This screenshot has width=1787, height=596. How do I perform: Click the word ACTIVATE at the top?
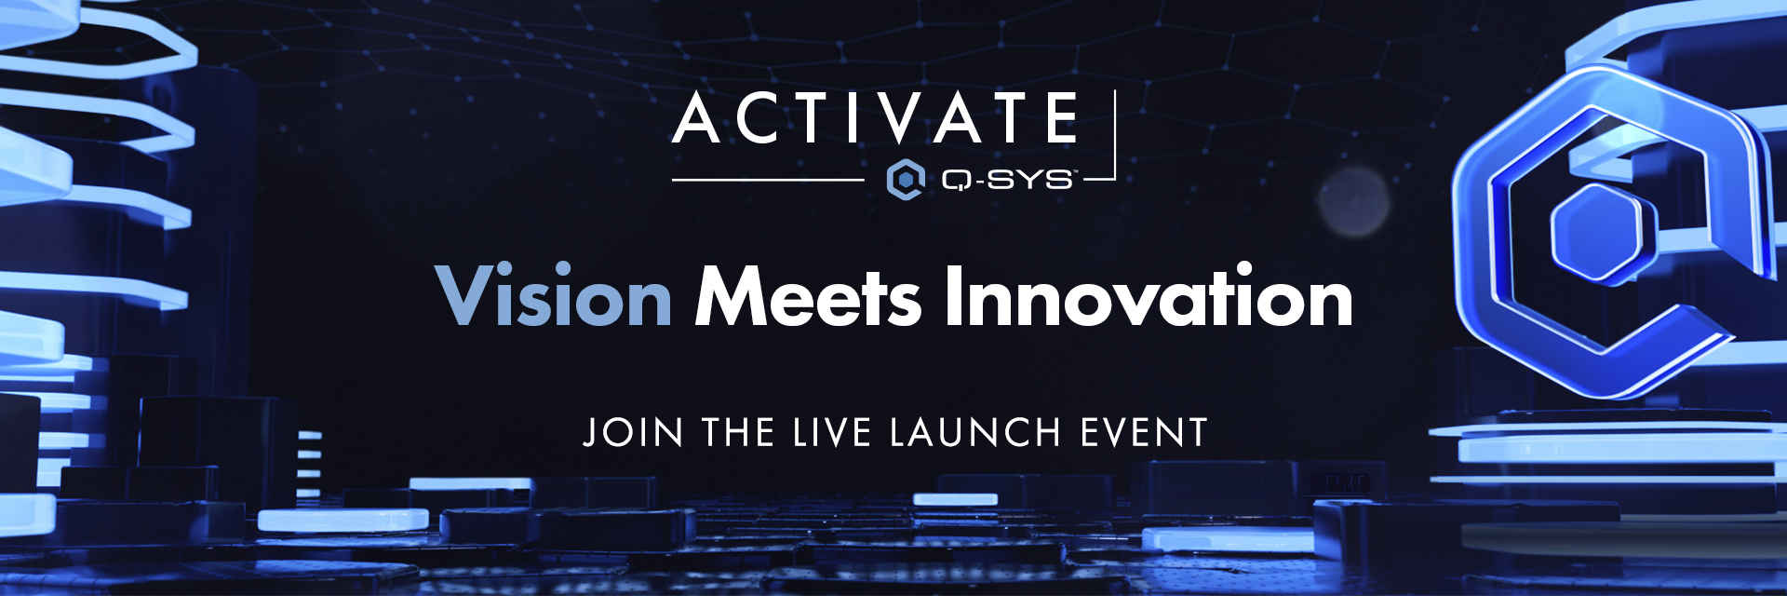(875, 118)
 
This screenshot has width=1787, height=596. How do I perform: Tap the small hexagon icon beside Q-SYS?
(905, 179)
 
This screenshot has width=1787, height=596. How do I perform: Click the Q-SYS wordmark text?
(1008, 179)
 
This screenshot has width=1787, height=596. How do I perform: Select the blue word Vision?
(554, 296)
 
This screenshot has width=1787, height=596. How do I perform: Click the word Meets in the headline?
(808, 296)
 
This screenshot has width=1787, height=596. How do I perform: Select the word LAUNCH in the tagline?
(975, 432)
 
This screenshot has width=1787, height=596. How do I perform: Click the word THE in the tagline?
(738, 432)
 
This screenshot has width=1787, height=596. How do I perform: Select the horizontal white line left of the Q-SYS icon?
(768, 179)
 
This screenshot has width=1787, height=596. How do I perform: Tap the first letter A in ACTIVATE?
(698, 118)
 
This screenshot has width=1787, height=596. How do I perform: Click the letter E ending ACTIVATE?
(1062, 118)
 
